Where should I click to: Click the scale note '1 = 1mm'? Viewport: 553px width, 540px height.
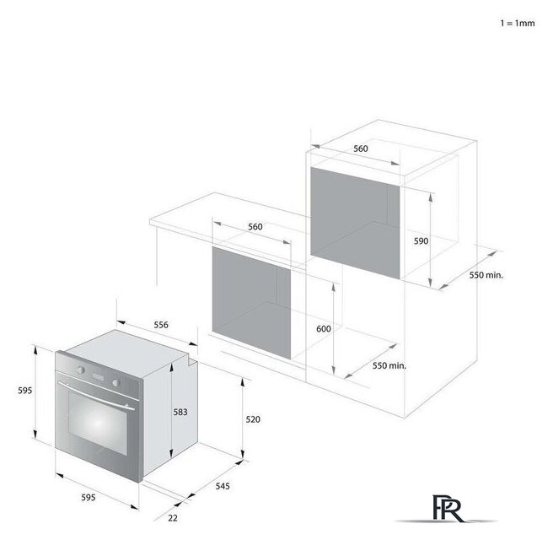[518, 24]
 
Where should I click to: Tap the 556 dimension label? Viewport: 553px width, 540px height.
[161, 325]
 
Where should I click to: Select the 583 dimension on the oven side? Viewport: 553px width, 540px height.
[180, 412]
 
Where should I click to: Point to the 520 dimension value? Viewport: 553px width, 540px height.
[253, 419]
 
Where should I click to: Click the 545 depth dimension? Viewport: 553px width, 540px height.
[223, 486]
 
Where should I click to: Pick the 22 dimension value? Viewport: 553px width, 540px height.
[173, 518]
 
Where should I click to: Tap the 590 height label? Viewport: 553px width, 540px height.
[421, 241]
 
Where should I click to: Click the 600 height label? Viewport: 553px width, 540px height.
[324, 329]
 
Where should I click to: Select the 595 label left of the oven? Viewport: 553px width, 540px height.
[25, 391]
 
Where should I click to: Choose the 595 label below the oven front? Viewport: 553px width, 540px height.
[89, 497]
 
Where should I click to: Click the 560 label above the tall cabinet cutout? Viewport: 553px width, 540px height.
[361, 148]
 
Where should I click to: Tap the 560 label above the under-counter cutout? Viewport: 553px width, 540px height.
[255, 227]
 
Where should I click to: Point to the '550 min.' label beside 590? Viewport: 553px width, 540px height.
[486, 275]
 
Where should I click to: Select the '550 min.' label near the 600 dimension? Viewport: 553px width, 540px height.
[389, 365]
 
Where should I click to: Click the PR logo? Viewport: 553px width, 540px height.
[447, 509]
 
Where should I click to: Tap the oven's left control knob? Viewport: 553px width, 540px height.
[81, 370]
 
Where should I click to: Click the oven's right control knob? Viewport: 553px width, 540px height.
[115, 382]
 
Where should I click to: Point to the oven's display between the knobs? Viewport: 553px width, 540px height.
[98, 376]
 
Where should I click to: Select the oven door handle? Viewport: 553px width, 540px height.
[96, 396]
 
